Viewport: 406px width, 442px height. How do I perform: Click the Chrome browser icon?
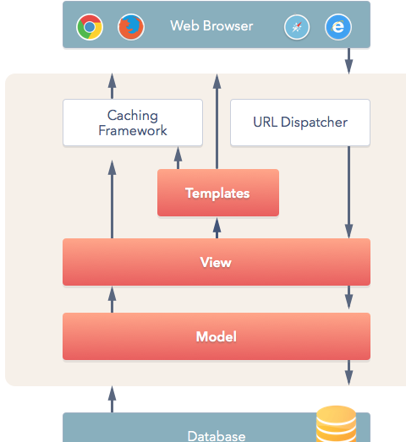90,27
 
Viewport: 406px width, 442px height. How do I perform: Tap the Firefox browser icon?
131,27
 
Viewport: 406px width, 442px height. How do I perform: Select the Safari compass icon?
297,27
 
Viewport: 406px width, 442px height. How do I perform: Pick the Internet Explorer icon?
338,27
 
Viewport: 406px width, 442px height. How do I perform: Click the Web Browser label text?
211,26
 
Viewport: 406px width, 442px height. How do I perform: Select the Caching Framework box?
133,123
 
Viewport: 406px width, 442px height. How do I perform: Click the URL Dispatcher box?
300,123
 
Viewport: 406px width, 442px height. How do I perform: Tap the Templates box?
218,193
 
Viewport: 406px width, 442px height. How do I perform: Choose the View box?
217,262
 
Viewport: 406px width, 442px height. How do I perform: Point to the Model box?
217,336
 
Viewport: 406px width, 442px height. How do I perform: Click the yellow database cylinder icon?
336,423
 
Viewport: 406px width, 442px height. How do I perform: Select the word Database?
217,436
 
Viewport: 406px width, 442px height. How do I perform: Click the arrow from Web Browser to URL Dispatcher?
349,61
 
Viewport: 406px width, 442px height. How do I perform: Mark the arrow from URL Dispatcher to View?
349,192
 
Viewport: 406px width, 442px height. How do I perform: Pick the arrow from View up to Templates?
217,228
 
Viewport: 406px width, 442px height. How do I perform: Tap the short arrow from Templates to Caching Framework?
178,158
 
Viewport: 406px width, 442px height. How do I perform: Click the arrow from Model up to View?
112,299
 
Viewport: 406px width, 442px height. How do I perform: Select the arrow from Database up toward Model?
112,399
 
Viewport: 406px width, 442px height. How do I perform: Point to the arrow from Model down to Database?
349,373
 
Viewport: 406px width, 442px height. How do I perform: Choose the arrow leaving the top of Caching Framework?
112,86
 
